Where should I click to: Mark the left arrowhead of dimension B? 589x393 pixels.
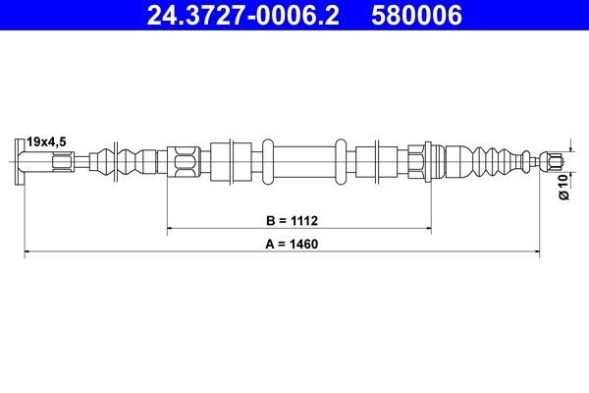tap(172, 229)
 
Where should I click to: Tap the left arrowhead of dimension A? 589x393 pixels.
tap(27, 253)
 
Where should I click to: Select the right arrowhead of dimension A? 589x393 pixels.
tap(535, 253)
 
